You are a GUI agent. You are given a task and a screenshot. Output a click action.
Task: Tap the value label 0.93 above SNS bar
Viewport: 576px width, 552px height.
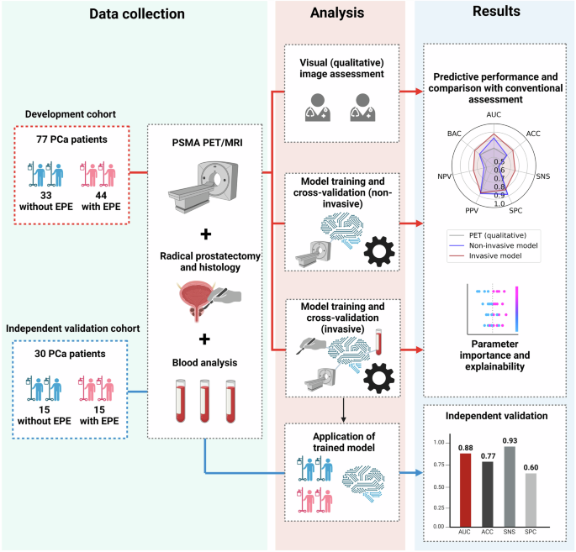tap(510, 440)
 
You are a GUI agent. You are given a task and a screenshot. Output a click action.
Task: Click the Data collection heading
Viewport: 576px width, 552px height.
tap(139, 14)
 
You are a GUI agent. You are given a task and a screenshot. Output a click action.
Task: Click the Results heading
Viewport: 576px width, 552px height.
tap(496, 12)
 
